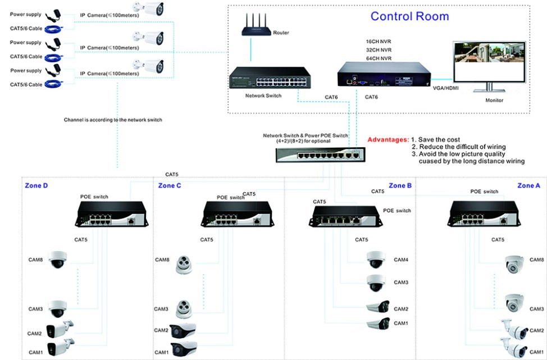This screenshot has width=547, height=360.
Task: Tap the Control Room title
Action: coord(409,16)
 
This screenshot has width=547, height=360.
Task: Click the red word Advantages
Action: coord(388,139)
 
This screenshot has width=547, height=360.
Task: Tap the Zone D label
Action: coord(36,185)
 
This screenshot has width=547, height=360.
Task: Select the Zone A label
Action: coord(528,185)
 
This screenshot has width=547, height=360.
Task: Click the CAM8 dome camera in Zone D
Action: coord(57,259)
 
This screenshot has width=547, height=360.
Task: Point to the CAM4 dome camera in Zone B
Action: coord(376,259)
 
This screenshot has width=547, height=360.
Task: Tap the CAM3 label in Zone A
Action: coord(536,309)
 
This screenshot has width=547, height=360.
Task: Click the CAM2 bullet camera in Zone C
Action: coord(183,330)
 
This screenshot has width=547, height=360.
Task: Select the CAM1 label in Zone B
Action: coord(400,323)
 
